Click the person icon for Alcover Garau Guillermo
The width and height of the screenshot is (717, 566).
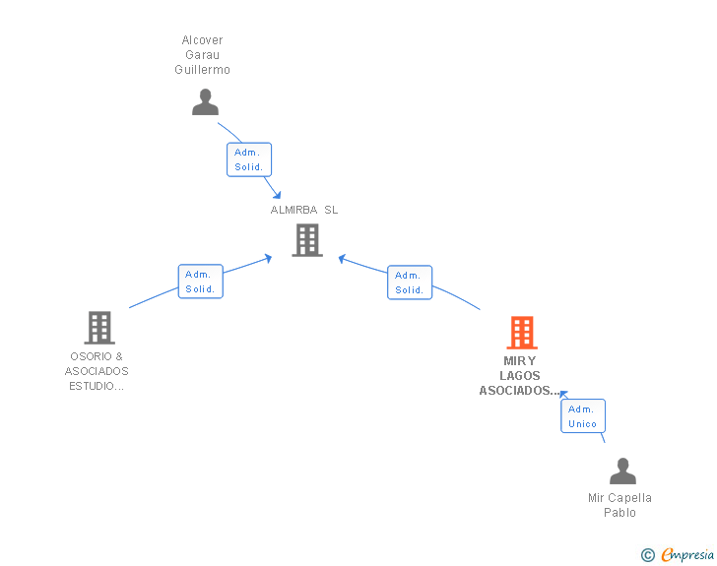point(205,102)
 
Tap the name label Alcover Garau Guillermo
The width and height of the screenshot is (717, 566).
point(203,55)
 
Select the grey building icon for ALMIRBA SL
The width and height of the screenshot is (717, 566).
point(307,239)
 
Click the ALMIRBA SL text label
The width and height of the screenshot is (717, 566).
point(304,210)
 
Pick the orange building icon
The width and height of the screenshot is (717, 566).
point(522,333)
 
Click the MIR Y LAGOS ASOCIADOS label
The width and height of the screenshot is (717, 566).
point(519,375)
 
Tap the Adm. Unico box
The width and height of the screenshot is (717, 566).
point(582,416)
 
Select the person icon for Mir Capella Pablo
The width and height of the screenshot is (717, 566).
point(622,472)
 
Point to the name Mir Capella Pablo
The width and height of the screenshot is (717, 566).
point(619,505)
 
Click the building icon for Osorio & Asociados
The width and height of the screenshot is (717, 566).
point(99,327)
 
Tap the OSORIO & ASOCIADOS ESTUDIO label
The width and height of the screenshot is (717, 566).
point(97,371)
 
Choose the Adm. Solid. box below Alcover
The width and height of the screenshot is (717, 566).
point(248,159)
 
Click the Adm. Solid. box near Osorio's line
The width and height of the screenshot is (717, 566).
point(200,282)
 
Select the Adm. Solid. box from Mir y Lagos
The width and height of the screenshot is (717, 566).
point(409,283)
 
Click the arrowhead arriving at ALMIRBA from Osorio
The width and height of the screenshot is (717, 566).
point(268,258)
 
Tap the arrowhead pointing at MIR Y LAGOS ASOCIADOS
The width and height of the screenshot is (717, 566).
point(563,393)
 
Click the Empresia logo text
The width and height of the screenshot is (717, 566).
point(686,555)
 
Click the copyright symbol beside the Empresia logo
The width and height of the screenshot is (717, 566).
point(647,555)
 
